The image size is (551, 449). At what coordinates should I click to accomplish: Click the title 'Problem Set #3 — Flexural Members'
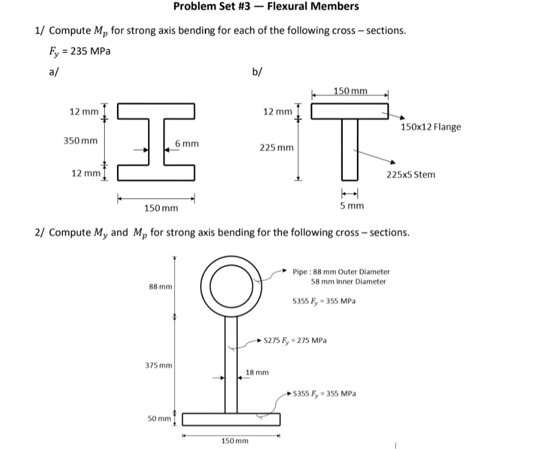[x=266, y=7]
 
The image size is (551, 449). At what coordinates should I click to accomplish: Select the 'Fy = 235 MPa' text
[x=79, y=51]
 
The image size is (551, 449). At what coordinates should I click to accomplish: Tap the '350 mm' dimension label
[x=79, y=140]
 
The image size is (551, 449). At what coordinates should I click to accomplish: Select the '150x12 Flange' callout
[x=431, y=127]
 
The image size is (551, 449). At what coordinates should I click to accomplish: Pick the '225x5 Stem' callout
[x=411, y=174]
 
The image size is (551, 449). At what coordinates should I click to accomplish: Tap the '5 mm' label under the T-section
[x=352, y=206]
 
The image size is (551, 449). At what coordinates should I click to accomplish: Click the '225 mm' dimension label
[x=276, y=148]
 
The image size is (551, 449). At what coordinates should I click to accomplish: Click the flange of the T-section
[x=350, y=111]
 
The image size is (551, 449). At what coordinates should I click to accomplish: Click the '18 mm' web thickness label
[x=257, y=372]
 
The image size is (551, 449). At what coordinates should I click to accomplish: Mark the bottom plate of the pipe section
[x=231, y=420]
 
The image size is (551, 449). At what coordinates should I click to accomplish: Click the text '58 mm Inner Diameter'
[x=348, y=281]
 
